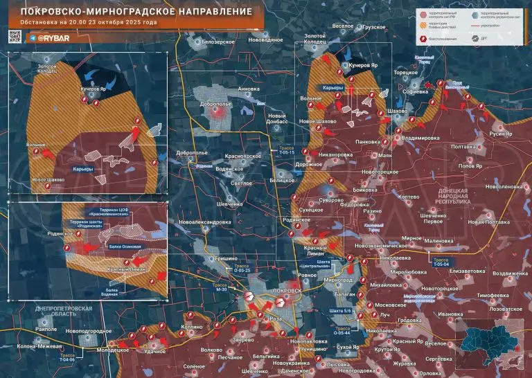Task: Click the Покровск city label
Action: (288, 291)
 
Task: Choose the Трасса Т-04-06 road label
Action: (67, 358)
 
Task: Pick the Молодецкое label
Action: (113, 350)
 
